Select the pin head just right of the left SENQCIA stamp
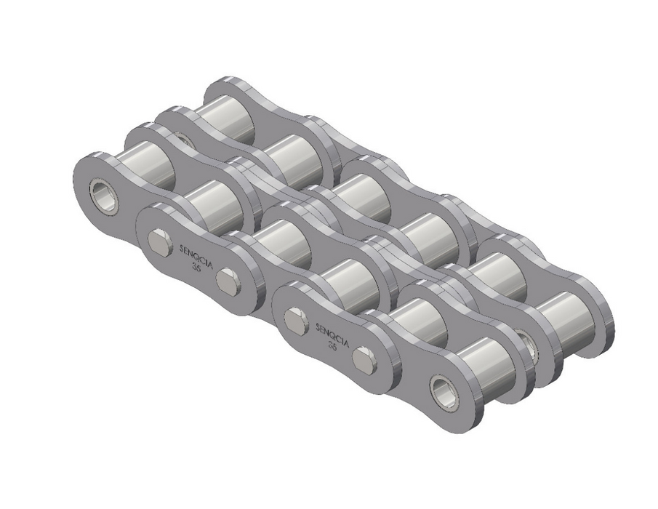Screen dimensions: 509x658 tap(228, 280)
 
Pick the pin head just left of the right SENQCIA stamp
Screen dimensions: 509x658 tap(296, 321)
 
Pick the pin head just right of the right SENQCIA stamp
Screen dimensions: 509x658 tap(364, 360)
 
